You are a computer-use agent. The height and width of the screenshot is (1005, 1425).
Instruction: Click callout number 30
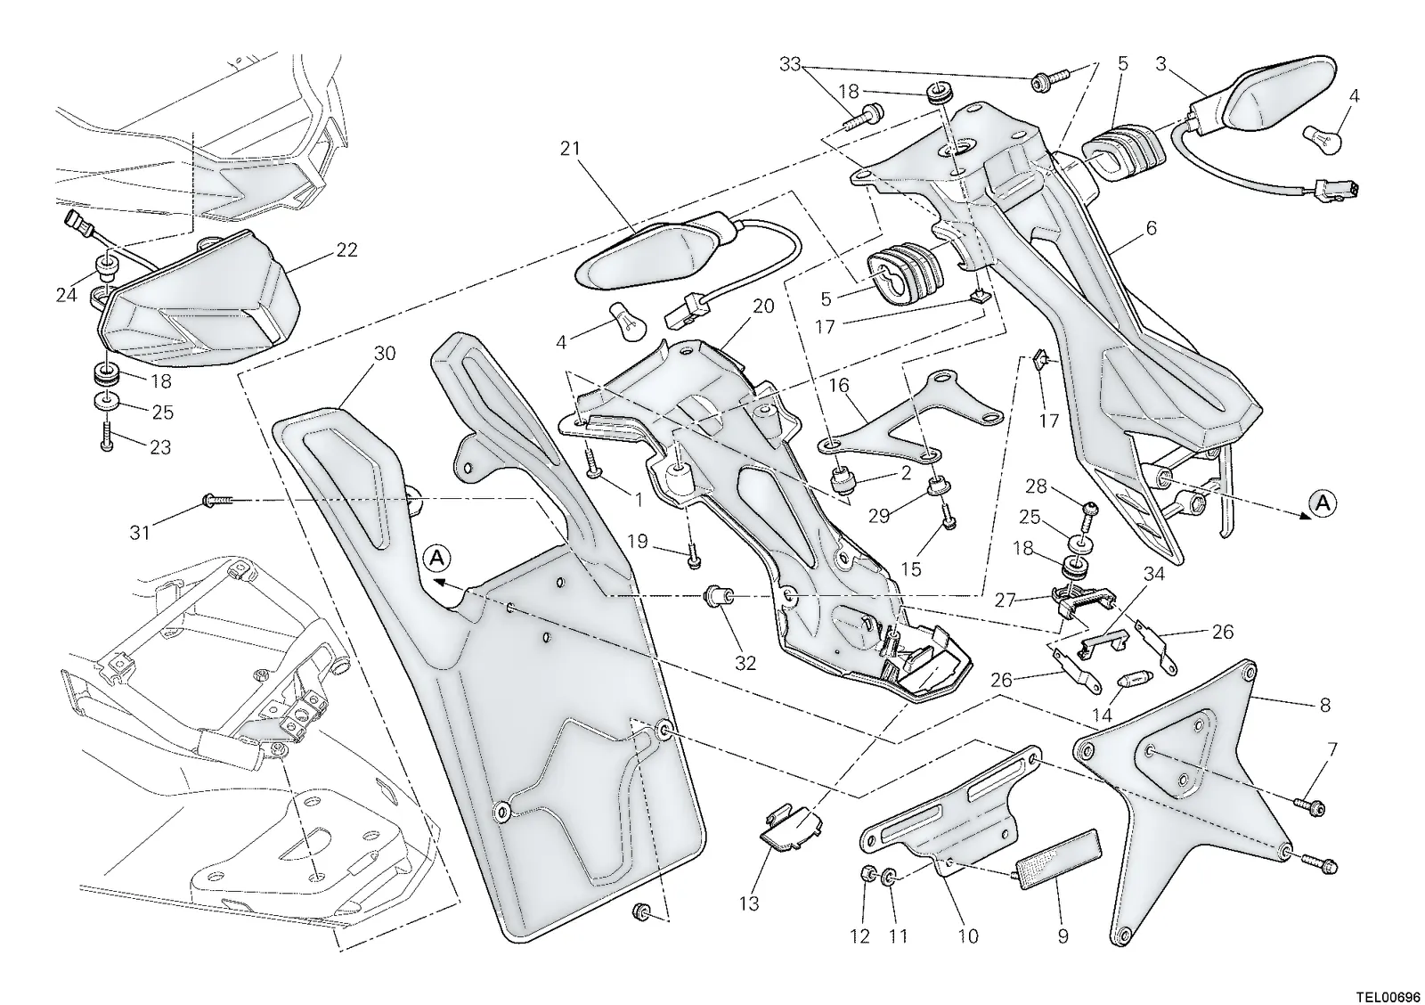pos(385,354)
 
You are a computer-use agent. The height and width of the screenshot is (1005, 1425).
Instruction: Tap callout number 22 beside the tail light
pos(346,250)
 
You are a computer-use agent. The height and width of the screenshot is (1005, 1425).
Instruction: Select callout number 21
pos(570,148)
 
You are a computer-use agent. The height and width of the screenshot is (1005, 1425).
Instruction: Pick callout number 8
pos(1325,705)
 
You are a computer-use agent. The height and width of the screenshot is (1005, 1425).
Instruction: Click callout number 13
pos(749,903)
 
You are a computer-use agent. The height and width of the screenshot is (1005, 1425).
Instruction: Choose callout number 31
pos(139,532)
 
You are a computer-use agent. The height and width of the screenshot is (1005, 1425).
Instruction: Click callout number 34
pos(1154,574)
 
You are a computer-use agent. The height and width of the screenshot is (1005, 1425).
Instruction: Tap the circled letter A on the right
pos(1323,503)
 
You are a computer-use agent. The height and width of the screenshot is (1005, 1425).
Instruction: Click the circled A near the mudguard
pos(436,558)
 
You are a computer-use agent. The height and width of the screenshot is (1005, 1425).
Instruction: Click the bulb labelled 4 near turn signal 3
pos(1323,139)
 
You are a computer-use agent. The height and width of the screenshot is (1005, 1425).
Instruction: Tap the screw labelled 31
pos(217,502)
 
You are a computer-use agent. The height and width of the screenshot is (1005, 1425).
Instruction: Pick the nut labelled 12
pos(866,872)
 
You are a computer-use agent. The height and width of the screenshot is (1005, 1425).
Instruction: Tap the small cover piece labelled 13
pos(791,826)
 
